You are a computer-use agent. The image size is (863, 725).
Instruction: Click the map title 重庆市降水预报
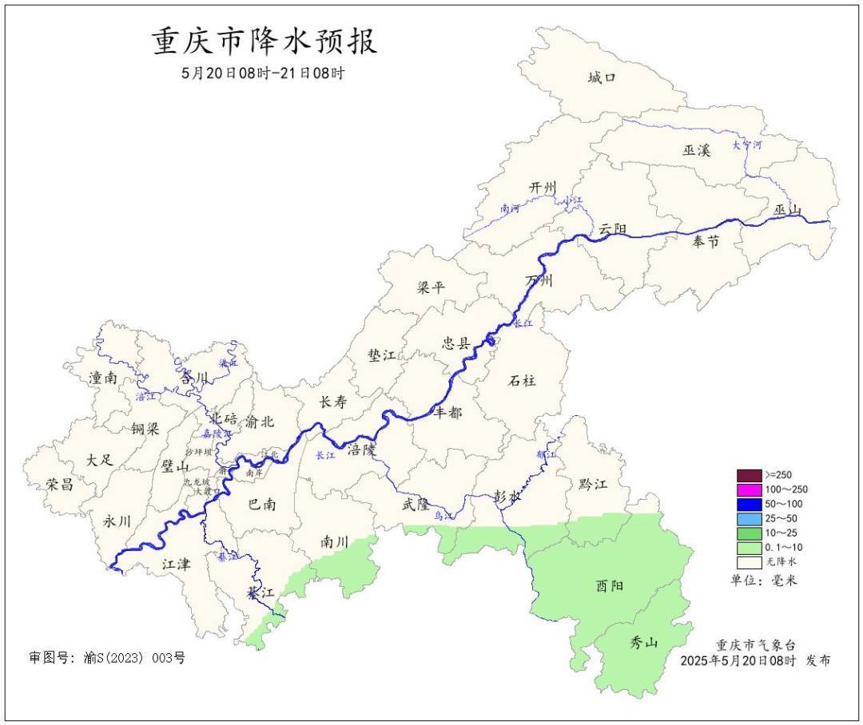(x=264, y=42)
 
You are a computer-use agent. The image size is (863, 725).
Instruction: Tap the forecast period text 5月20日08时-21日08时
(x=264, y=73)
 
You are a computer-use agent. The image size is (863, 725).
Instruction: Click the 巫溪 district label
(x=696, y=150)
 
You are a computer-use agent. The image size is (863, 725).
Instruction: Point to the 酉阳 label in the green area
(x=610, y=586)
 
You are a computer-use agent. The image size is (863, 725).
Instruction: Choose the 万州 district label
(x=539, y=281)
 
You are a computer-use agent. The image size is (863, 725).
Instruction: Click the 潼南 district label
(x=103, y=378)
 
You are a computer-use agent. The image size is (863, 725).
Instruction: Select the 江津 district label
(x=176, y=565)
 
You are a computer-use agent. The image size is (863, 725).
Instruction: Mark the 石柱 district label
(x=522, y=381)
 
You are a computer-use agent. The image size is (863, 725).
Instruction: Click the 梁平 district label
(x=430, y=288)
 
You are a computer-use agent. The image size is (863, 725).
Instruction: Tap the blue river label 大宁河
(x=747, y=145)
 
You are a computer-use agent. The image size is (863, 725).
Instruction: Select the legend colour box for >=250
(x=750, y=475)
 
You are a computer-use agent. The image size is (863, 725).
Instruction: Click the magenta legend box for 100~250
(x=750, y=489)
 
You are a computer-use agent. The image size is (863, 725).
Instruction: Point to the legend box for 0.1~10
(x=750, y=548)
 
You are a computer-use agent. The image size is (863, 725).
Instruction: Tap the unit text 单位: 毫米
(x=764, y=580)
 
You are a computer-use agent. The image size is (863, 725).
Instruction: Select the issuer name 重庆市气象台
(x=755, y=645)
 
